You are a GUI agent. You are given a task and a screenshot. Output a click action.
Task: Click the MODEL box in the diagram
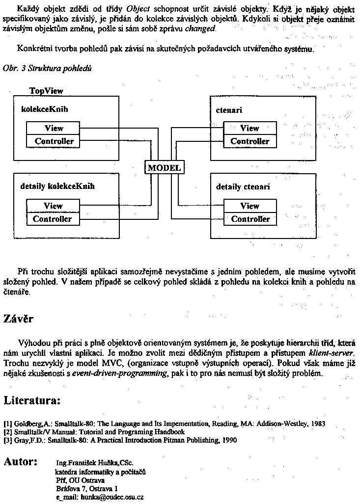pyautogui.click(x=165, y=167)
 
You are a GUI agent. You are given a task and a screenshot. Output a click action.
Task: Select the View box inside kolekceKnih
pyautogui.click(x=54, y=128)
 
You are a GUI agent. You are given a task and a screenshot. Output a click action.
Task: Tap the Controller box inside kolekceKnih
pyautogui.click(x=54, y=141)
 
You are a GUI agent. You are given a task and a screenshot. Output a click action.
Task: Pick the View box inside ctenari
pyautogui.click(x=249, y=128)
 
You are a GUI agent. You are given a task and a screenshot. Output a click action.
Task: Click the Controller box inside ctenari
pyautogui.click(x=249, y=141)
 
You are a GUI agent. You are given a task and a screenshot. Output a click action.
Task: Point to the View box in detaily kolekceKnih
pyautogui.click(x=53, y=206)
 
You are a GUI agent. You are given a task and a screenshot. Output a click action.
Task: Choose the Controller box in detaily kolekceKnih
pyautogui.click(x=53, y=219)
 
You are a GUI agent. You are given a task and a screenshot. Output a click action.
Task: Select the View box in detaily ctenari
pyautogui.click(x=249, y=206)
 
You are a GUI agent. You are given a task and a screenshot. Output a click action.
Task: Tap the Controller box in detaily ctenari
pyautogui.click(x=249, y=219)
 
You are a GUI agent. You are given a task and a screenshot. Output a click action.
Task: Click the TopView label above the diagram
pyautogui.click(x=46, y=91)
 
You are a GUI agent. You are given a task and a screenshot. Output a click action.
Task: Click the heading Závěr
pyautogui.click(x=19, y=319)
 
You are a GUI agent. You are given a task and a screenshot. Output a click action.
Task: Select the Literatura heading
pyautogui.click(x=32, y=400)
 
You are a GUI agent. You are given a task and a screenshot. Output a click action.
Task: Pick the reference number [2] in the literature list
pyautogui.click(x=7, y=432)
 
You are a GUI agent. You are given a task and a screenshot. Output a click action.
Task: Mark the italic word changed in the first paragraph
pyautogui.click(x=199, y=28)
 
